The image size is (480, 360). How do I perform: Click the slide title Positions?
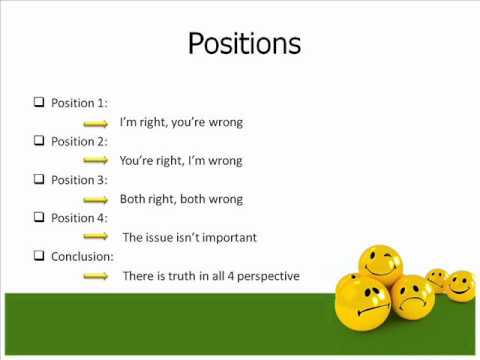(x=245, y=45)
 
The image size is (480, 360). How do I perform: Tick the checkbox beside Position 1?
(x=39, y=102)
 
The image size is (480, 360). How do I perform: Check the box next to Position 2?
(x=39, y=141)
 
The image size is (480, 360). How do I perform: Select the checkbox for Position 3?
(x=39, y=180)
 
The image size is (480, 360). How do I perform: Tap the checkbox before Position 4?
(x=39, y=217)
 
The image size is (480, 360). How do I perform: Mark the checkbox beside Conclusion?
(x=39, y=256)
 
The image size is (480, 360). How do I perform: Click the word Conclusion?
(x=82, y=256)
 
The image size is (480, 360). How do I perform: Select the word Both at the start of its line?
(x=134, y=199)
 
